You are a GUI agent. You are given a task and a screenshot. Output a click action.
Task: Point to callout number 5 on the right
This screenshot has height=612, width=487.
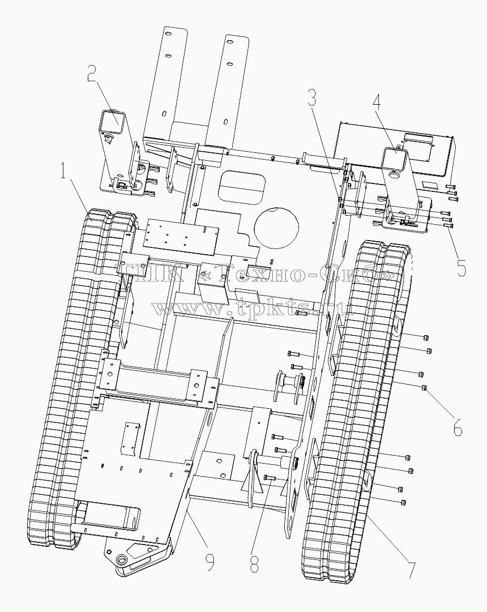461,268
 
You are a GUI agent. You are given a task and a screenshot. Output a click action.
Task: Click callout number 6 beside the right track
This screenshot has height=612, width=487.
458,428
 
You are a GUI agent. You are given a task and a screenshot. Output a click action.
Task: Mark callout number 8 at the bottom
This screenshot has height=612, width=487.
254,564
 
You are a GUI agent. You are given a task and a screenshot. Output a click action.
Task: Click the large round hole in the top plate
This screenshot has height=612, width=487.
276,227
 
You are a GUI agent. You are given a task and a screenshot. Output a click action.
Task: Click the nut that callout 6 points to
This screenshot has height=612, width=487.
424,388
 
